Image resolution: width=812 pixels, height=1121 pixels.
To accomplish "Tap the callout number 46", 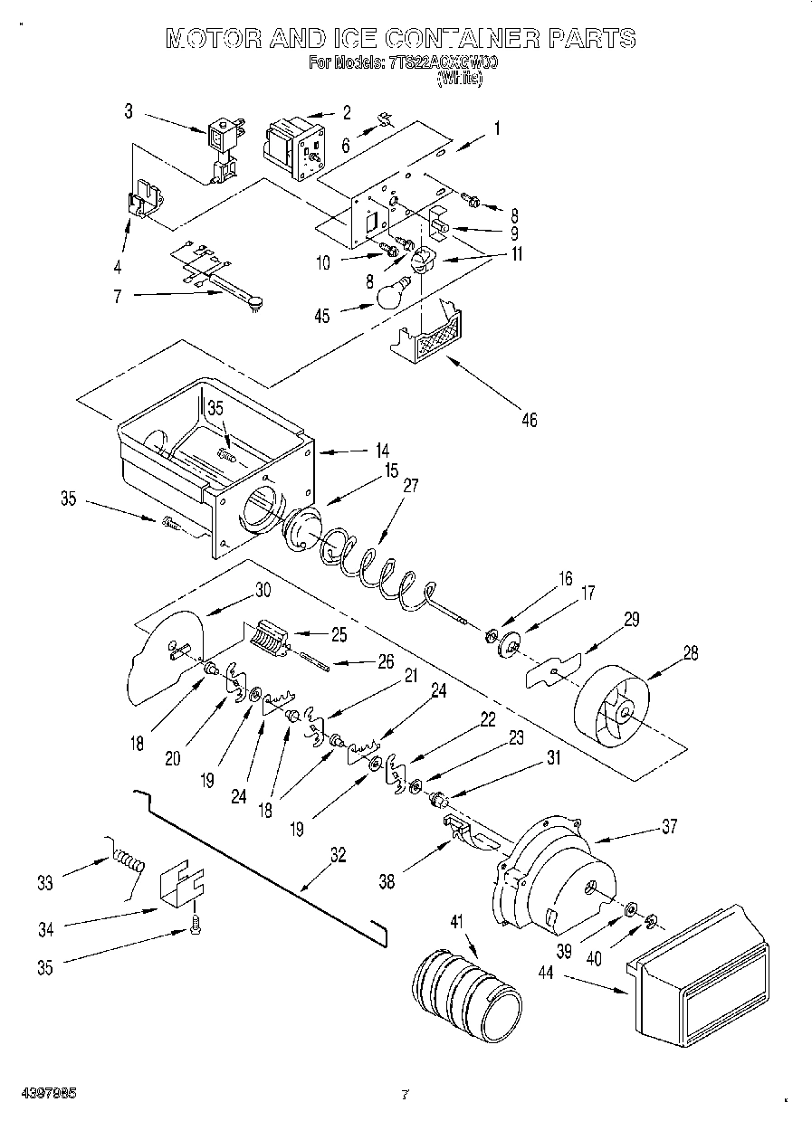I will coord(530,419).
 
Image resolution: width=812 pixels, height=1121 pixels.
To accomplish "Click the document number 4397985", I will coord(44,1094).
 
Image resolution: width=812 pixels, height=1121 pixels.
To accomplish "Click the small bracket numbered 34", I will coord(182,882).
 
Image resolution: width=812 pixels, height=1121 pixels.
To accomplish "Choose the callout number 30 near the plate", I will coord(263,589).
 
